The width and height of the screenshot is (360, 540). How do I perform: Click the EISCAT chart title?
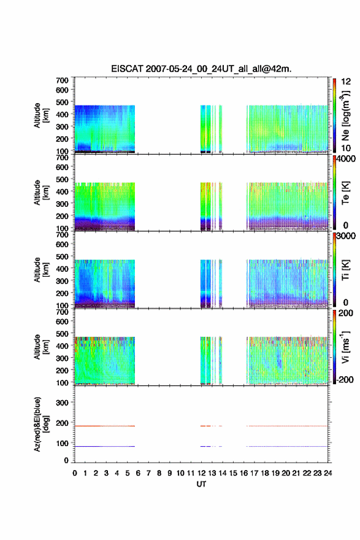[201, 69]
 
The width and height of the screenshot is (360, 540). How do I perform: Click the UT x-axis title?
[201, 484]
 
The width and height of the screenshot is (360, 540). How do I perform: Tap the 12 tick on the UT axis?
[201, 473]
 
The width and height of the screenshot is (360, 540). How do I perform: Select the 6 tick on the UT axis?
[138, 473]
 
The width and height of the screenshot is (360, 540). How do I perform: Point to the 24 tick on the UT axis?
[327, 473]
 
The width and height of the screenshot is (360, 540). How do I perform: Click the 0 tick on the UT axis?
[75, 473]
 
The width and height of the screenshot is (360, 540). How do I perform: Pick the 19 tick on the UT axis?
[275, 473]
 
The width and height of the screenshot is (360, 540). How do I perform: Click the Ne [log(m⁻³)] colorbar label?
[345, 116]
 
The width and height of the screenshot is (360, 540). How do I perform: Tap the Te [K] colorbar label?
[345, 193]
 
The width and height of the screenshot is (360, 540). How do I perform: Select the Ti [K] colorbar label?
[345, 269]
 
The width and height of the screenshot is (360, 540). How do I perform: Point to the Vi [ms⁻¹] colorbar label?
[345, 347]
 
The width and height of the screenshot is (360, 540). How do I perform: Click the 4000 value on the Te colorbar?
[346, 159]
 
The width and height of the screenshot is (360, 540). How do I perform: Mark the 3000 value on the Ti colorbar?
[346, 236]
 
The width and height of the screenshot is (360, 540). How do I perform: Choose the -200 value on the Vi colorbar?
[344, 379]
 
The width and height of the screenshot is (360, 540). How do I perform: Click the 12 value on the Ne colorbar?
[346, 82]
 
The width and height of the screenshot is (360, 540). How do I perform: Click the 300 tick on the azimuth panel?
[63, 403]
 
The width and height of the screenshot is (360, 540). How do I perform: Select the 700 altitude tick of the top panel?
[63, 80]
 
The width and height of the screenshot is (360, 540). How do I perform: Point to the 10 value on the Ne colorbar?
[346, 148]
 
